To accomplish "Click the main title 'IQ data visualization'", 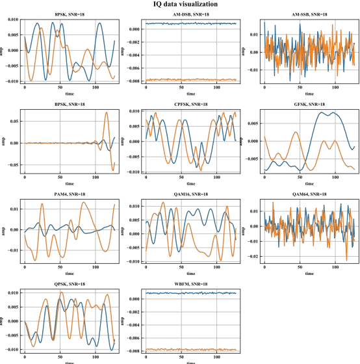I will click(x=181, y=5).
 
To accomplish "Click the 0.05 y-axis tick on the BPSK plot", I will click(x=14, y=120).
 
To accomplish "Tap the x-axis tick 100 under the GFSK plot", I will click(x=335, y=178).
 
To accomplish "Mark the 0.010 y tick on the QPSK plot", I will click(x=12, y=293).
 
